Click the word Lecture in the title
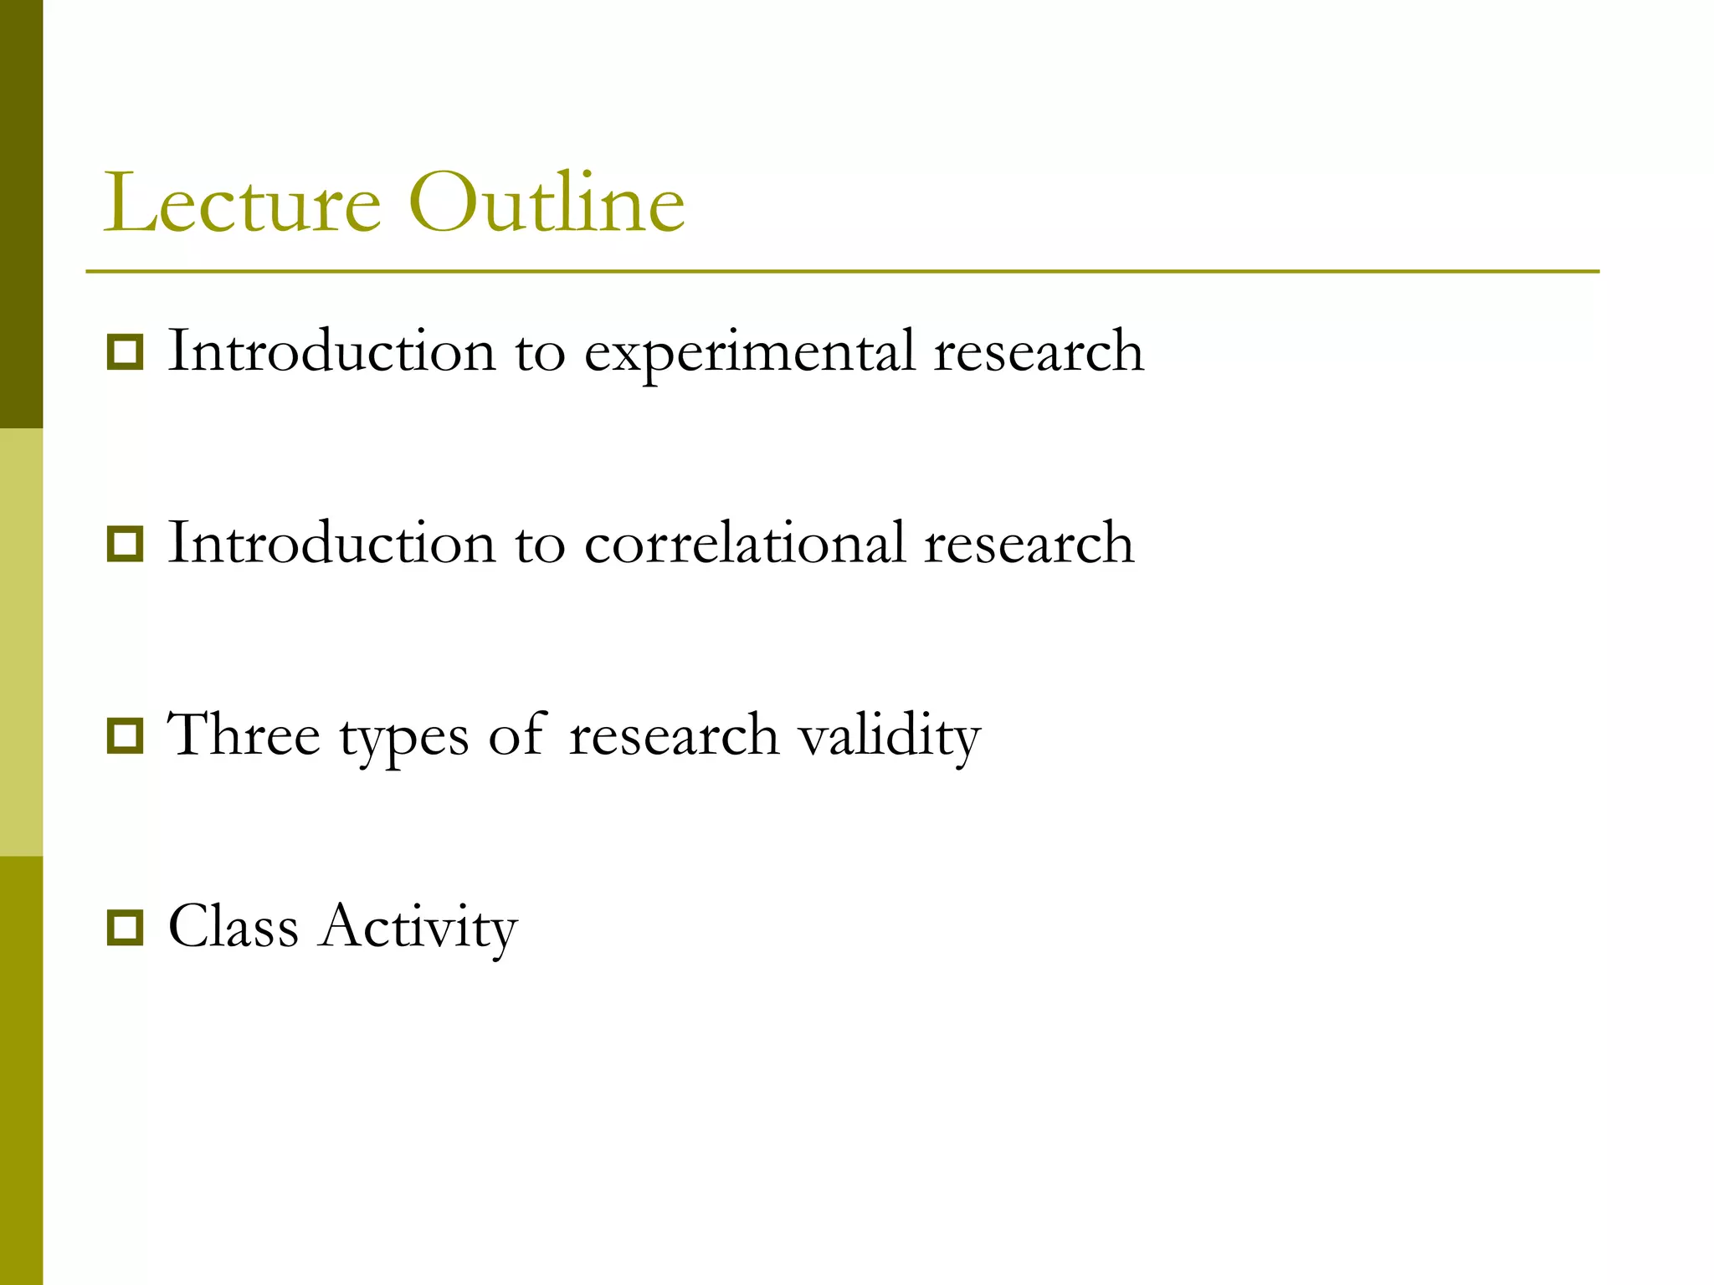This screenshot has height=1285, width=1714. pyautogui.click(x=243, y=203)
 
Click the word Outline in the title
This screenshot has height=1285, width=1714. pyautogui.click(x=547, y=203)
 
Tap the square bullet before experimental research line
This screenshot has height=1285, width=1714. pyautogui.click(x=126, y=352)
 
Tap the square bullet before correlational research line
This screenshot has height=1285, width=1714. pyautogui.click(x=126, y=545)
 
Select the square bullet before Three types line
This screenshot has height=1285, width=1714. pyautogui.click(x=126, y=736)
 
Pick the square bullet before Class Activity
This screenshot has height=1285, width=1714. pyautogui.click(x=126, y=928)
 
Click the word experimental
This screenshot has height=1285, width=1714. pyautogui.click(x=749, y=353)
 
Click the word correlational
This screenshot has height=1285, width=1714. pyautogui.click(x=745, y=544)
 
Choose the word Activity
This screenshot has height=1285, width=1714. pyautogui.click(x=418, y=928)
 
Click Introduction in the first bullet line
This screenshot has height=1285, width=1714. pyautogui.click(x=331, y=351)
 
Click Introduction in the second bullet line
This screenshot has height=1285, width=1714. pyautogui.click(x=331, y=544)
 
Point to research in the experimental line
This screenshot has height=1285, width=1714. pyautogui.click(x=1039, y=353)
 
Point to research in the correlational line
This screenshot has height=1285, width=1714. pyautogui.click(x=1029, y=545)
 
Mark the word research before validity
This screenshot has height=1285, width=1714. pyautogui.click(x=674, y=736)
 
